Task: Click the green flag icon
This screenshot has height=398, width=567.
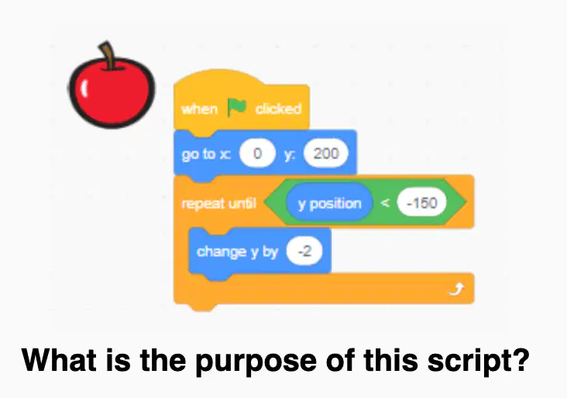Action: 237,108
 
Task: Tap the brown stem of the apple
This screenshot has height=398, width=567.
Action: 108,55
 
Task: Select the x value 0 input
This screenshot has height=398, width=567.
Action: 257,153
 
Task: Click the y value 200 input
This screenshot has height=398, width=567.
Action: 326,153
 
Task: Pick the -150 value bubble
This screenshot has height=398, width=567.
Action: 421,203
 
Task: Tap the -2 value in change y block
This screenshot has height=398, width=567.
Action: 304,251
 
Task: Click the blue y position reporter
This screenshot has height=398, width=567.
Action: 329,203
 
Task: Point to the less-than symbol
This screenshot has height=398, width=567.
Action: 385,203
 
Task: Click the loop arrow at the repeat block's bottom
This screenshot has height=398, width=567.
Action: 456,289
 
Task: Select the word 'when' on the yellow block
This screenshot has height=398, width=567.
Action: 199,109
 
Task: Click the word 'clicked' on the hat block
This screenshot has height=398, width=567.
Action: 278,108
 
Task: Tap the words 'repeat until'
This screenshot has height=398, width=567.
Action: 218,204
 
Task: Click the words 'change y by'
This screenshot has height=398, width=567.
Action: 237,252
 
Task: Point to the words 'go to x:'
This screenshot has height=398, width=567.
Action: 206,154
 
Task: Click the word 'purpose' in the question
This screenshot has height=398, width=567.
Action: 256,362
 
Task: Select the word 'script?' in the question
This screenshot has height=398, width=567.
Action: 478,361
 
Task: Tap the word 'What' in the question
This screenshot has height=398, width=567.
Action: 59,360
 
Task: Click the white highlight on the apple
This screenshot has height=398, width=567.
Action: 84,87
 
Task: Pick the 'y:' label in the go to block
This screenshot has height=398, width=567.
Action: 290,155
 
